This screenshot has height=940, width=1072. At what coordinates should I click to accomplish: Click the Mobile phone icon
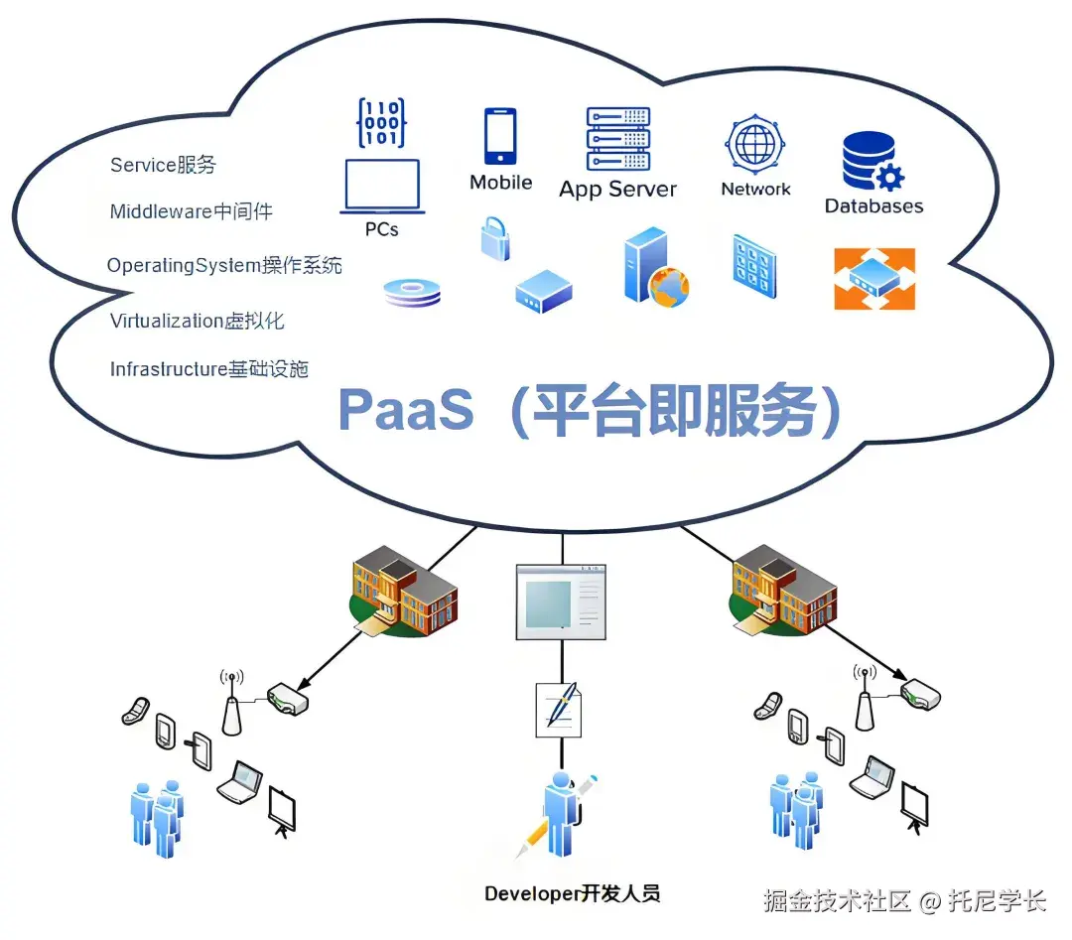point(500,136)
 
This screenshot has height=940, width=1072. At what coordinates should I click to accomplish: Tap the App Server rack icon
point(617,139)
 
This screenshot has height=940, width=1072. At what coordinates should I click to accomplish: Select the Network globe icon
point(755,145)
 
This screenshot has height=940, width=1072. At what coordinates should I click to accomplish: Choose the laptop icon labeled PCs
point(382,187)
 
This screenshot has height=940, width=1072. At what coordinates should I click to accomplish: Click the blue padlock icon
point(495,239)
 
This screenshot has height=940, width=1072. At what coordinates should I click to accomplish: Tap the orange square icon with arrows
point(873,279)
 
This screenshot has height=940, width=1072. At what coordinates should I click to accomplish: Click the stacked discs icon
point(412,292)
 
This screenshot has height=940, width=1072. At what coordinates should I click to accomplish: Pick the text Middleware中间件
point(191,211)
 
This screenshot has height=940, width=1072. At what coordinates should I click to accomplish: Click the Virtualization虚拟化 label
point(197,321)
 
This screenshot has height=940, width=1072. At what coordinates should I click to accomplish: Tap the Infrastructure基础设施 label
point(208,369)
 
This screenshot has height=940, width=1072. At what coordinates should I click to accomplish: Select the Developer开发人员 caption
point(572,893)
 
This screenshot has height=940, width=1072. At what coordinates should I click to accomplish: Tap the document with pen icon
point(559,709)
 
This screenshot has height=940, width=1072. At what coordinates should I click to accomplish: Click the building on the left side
point(405,596)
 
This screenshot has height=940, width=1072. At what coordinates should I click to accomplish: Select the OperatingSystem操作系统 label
point(224,266)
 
